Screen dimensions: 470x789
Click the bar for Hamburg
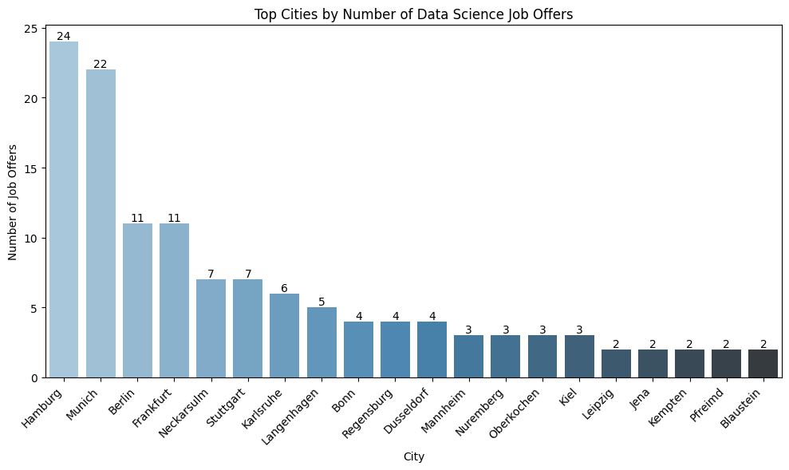tap(64, 209)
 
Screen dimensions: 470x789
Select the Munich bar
tap(101, 223)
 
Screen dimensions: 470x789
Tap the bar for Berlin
tap(137, 300)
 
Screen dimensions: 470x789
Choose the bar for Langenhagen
tap(322, 342)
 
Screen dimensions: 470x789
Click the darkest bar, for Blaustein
tap(763, 363)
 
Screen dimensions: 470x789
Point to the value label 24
tap(64, 37)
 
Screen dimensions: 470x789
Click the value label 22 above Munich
tap(101, 64)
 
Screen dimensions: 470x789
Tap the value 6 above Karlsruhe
tap(284, 288)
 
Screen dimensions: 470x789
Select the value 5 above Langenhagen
tap(322, 302)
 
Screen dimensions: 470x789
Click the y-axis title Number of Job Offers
tap(13, 203)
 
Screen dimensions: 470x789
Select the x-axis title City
tap(413, 457)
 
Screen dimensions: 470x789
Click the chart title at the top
tap(413, 14)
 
